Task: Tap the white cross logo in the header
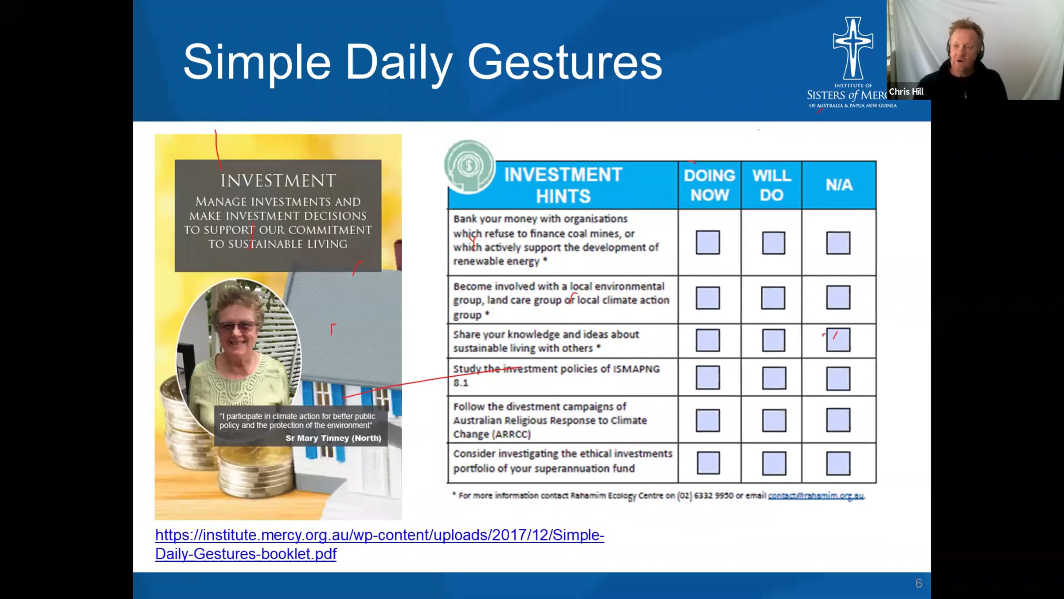tap(853, 48)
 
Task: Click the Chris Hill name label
tap(906, 92)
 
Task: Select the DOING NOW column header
tap(709, 185)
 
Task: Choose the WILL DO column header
tap(771, 185)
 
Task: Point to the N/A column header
tap(839, 185)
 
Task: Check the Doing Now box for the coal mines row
tap(708, 242)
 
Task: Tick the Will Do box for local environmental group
tap(773, 297)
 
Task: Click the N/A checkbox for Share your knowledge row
tap(838, 340)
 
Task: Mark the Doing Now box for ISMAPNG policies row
tap(708, 378)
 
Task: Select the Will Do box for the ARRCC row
tap(774, 420)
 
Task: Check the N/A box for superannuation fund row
tap(838, 463)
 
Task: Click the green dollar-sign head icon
tap(469, 166)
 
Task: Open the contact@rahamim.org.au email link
tap(816, 496)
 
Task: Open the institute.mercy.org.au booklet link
tap(379, 544)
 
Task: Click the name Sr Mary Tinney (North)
tap(333, 438)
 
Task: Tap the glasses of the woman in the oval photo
tap(237, 327)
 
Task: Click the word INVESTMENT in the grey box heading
tap(278, 181)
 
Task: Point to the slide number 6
tap(919, 583)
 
